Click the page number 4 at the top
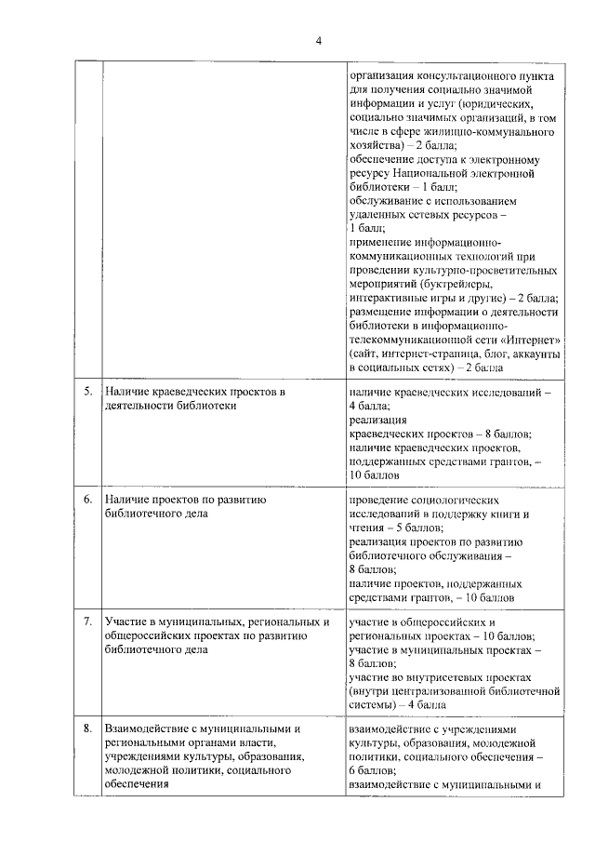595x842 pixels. pyautogui.click(x=318, y=41)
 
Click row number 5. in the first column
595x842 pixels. pyautogui.click(x=87, y=393)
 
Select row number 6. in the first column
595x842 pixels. pyautogui.click(x=87, y=500)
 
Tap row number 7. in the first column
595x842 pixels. pyautogui.click(x=87, y=621)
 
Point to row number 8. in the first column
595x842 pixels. pyautogui.click(x=87, y=728)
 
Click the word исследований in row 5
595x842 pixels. pyautogui.click(x=501, y=393)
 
